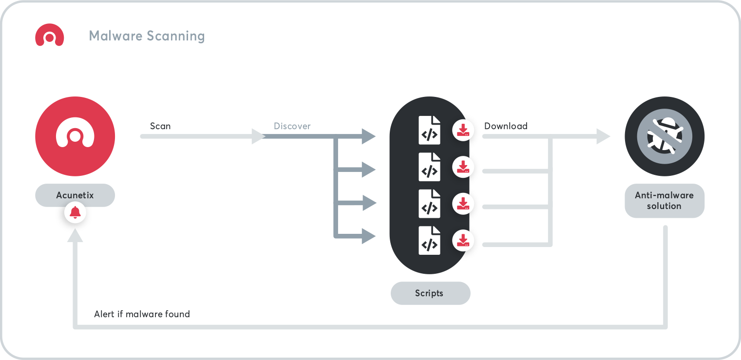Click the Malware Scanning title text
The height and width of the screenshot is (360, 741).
[x=147, y=36]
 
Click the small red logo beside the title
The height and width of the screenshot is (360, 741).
[x=50, y=36]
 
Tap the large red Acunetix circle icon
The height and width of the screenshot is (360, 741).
[x=75, y=136]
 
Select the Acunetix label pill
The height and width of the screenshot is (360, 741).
[x=75, y=195]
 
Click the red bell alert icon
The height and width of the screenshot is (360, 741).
[x=75, y=212]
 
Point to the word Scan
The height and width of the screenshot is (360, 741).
[x=160, y=126]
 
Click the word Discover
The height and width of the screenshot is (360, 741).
[x=292, y=126]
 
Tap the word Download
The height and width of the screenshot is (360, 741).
[x=506, y=126]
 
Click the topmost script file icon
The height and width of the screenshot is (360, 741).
[x=429, y=130]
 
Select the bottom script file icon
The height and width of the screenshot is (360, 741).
[x=429, y=240]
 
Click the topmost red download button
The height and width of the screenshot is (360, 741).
[x=463, y=130]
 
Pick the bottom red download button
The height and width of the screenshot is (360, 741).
[x=463, y=240]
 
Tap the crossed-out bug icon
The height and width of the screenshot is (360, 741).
[x=665, y=136]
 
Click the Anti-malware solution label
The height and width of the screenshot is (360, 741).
[x=665, y=201]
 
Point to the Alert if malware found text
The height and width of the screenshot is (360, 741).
[x=142, y=314]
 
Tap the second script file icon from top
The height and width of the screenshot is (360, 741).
[x=429, y=167]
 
